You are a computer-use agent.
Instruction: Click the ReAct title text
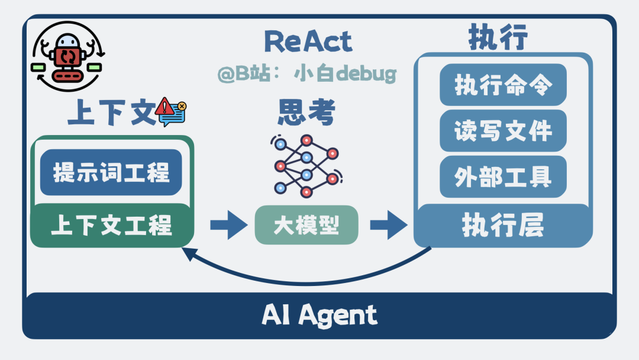308,42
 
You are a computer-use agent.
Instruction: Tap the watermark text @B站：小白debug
306,74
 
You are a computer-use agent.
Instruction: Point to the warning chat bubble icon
171,112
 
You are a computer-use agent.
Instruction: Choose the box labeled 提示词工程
111,172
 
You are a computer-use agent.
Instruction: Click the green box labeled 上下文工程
111,226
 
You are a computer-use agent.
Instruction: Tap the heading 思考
306,112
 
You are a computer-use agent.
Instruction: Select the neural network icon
306,166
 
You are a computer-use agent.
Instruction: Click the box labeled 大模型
306,225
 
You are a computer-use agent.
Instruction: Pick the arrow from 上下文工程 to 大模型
228,225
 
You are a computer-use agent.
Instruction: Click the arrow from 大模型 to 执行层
388,225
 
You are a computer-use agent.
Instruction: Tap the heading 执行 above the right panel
498,39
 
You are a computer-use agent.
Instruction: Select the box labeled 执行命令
503,85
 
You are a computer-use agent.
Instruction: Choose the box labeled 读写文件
503,130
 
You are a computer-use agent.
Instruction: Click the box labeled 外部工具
503,176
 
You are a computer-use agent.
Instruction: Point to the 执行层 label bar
503,226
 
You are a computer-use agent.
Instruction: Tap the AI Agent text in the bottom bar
319,316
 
